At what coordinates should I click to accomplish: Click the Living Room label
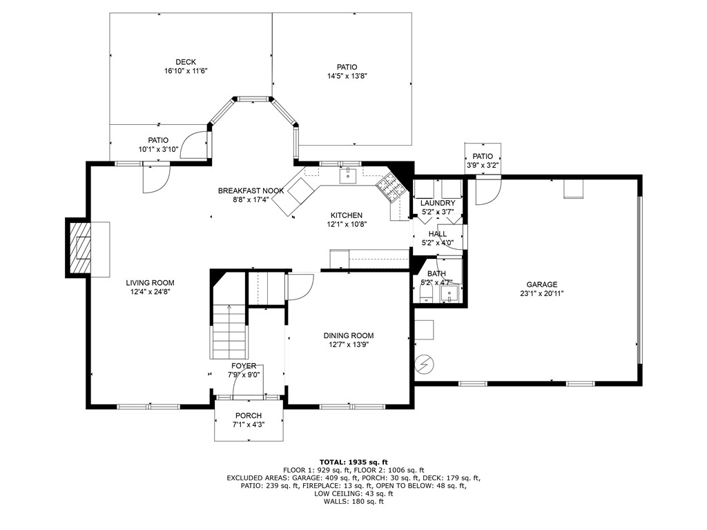click(x=150, y=282)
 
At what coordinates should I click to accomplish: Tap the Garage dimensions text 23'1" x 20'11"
click(x=541, y=293)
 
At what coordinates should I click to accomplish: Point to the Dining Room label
click(x=348, y=335)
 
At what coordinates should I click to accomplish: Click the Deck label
click(x=185, y=62)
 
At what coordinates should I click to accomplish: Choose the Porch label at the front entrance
click(x=248, y=415)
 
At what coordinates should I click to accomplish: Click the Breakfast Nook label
click(x=251, y=190)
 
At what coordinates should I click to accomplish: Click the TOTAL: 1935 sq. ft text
click(x=353, y=462)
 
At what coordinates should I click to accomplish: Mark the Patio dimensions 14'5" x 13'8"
click(x=347, y=76)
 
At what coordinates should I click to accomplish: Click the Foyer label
click(x=244, y=366)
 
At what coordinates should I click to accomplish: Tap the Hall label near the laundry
click(x=437, y=234)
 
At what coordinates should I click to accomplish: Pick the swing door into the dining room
click(x=300, y=286)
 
